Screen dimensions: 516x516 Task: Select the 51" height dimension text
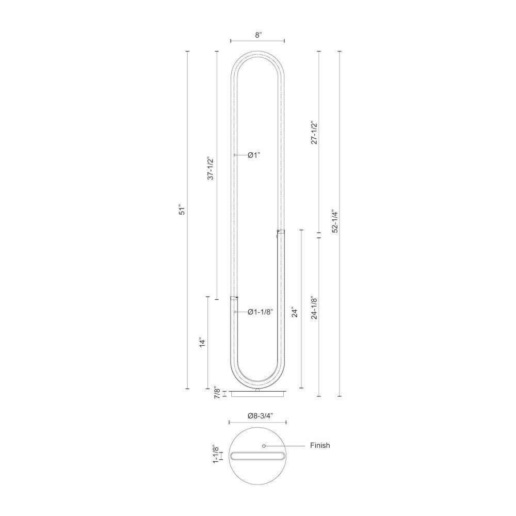tap(182, 211)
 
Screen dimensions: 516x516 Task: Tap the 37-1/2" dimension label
tap(211, 168)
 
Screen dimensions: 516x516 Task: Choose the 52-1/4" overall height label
tap(335, 221)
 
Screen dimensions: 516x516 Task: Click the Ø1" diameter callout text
tap(254, 155)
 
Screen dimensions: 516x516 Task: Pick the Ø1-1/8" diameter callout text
tap(260, 312)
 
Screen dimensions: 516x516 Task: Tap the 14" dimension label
tap(202, 342)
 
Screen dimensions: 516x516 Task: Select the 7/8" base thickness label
tap(217, 393)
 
